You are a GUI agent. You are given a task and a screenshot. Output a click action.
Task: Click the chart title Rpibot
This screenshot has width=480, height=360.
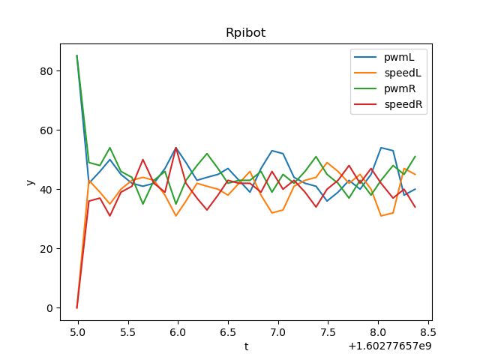[x=245, y=33]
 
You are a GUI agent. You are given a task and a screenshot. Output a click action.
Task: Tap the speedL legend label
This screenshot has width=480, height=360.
[x=404, y=73]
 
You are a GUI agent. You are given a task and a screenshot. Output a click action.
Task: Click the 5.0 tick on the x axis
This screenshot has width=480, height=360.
[x=77, y=331]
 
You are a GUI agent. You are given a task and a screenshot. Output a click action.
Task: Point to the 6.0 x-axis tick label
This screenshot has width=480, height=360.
[x=178, y=331]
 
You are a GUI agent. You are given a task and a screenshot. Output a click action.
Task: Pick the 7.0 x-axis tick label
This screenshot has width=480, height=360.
[x=277, y=331]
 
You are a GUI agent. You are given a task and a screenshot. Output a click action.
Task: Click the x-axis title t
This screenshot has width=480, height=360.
[x=246, y=346]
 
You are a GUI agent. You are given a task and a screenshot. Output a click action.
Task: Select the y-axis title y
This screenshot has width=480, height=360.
[x=30, y=182]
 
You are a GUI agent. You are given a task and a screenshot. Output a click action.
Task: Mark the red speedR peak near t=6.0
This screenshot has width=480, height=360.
[x=175, y=148]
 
